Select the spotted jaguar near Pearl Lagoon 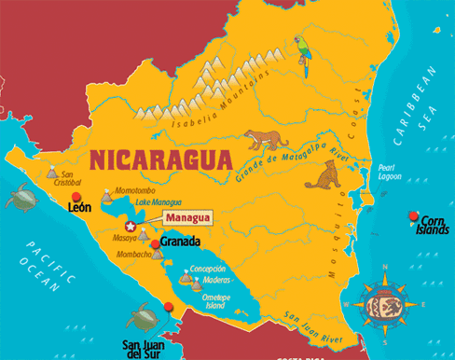[322, 174]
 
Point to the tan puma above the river [265, 139]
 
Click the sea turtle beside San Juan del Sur [142, 317]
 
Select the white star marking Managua [130, 227]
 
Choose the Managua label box [187, 218]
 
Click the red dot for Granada [155, 243]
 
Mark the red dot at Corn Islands [412, 217]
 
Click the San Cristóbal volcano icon [48, 174]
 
